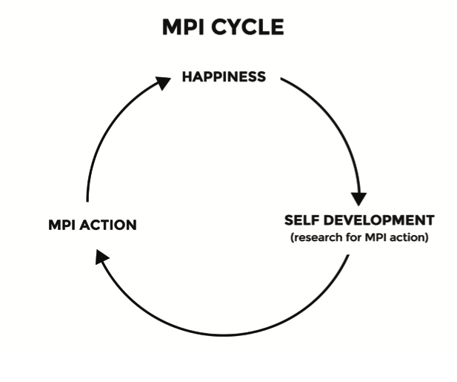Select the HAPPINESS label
pyautogui.click(x=224, y=76)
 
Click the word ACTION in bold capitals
pyautogui.click(x=109, y=224)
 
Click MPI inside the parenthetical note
pyautogui.click(x=376, y=237)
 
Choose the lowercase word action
pyautogui.click(x=407, y=237)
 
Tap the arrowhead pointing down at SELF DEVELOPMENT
pyautogui.click(x=358, y=199)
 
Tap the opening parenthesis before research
pyautogui.click(x=292, y=237)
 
